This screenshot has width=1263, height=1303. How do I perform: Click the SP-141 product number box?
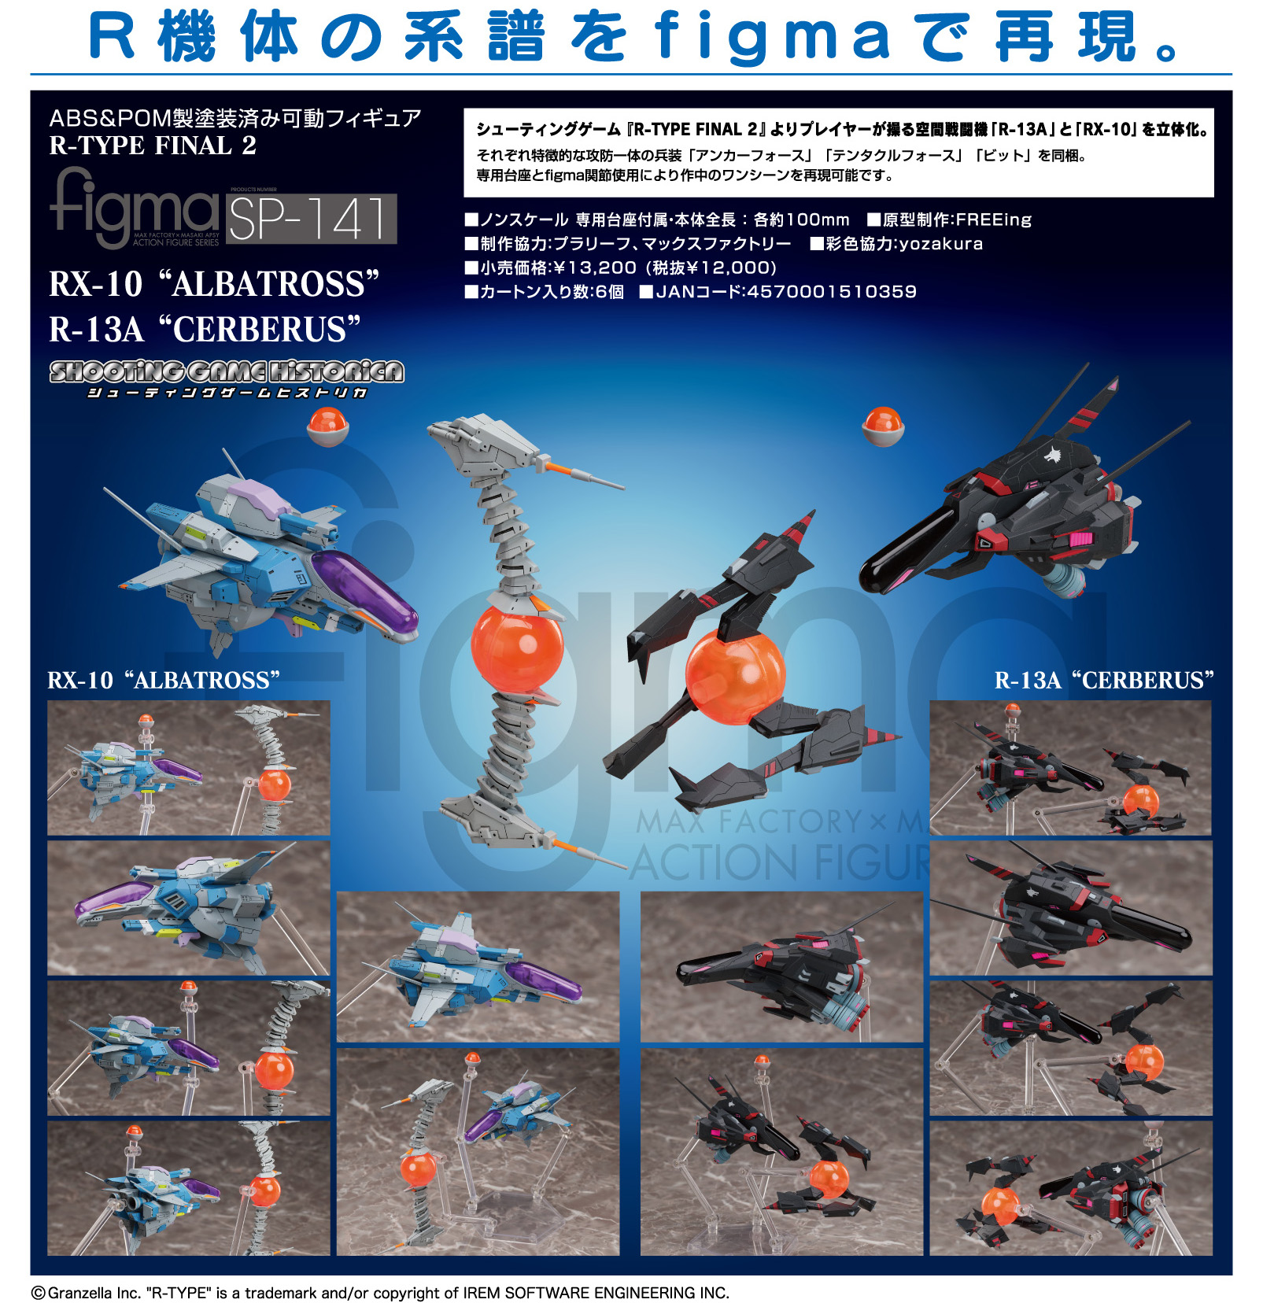312,218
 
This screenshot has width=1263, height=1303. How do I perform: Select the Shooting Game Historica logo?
227,379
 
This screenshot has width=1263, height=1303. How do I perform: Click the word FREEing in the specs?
993,220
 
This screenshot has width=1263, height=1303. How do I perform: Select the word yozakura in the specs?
941,244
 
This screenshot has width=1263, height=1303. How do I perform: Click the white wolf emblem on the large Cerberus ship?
1052,455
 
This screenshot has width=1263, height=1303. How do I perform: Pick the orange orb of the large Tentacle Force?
517,645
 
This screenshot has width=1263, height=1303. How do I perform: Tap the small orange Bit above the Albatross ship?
327,426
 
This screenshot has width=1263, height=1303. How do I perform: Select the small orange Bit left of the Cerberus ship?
883,425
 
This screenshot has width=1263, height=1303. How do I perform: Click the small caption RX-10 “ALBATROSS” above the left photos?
164,680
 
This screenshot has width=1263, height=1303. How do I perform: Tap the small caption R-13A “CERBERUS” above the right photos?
1104,680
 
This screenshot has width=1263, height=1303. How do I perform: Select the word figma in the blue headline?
772,37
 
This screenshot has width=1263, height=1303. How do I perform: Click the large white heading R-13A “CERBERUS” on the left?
205,329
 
